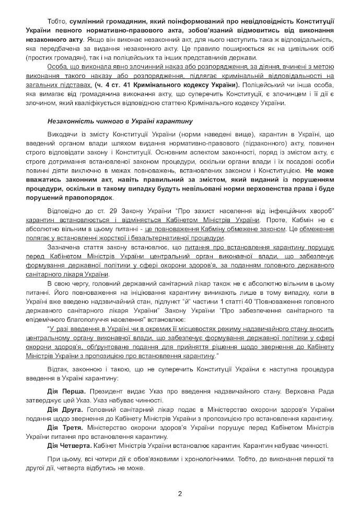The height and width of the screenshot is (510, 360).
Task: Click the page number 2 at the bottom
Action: tap(180, 493)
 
